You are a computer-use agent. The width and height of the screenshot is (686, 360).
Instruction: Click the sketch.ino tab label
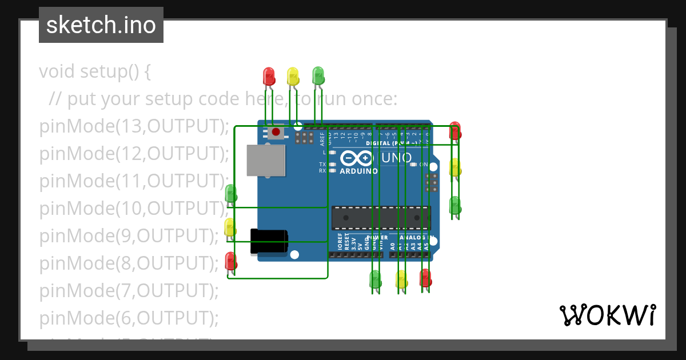(101, 25)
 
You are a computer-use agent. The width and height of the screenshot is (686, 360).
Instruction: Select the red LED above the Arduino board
(269, 76)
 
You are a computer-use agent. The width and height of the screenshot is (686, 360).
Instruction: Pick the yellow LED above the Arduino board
(293, 76)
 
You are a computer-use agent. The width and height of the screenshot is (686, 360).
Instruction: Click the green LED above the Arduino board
(318, 75)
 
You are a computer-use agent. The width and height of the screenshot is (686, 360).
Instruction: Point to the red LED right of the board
(455, 131)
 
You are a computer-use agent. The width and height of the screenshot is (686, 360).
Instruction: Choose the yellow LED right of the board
(455, 168)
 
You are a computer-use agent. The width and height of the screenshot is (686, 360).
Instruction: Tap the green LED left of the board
(230, 194)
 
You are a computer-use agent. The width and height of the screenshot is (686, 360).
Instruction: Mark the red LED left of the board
(230, 262)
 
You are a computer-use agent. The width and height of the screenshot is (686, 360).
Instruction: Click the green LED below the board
(376, 279)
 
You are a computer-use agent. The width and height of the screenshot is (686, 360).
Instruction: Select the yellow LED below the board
(401, 279)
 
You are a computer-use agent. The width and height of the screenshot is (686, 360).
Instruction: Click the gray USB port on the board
(266, 160)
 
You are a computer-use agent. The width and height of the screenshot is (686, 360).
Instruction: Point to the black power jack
(269, 241)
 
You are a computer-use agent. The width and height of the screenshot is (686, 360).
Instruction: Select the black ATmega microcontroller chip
(381, 218)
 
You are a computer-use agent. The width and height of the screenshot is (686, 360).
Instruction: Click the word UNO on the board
(396, 157)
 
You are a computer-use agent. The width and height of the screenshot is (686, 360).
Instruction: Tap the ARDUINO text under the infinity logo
(358, 171)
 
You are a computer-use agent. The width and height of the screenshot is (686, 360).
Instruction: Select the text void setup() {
(94, 71)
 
